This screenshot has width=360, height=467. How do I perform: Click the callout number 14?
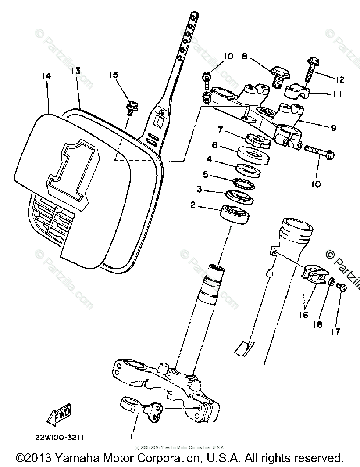(x=47, y=76)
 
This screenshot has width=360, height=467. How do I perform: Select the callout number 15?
(x=114, y=75)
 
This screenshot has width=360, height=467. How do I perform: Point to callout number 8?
(x=244, y=56)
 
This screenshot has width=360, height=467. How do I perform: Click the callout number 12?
(x=340, y=79)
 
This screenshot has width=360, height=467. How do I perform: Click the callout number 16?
(x=304, y=315)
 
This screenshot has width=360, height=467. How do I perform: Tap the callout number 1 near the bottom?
(x=131, y=437)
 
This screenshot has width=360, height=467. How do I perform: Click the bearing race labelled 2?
(x=235, y=215)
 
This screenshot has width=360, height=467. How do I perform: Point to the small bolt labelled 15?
(x=130, y=108)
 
